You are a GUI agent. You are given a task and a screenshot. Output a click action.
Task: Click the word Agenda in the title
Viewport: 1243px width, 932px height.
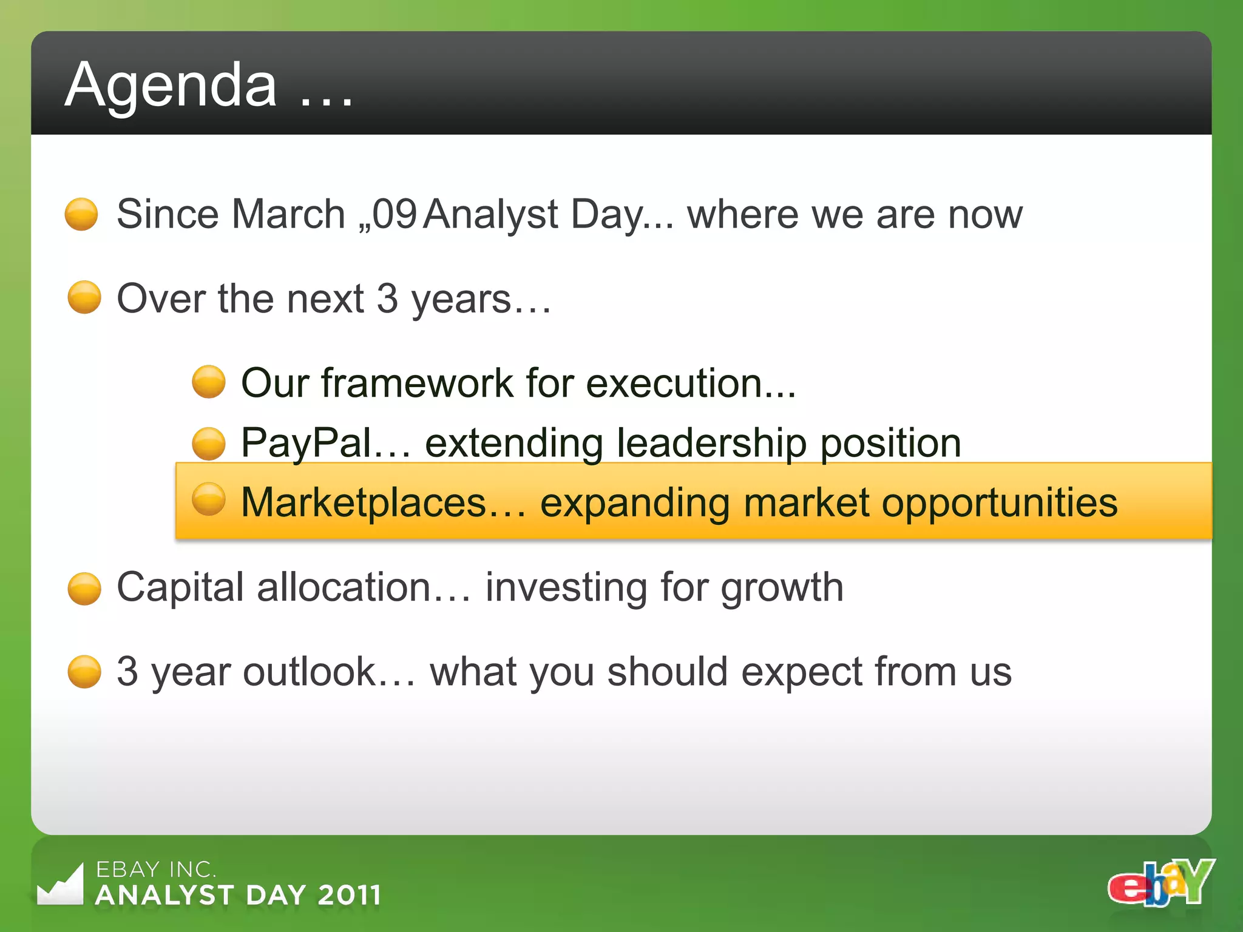[171, 86]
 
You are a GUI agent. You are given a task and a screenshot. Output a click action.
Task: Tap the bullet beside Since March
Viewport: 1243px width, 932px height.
[81, 214]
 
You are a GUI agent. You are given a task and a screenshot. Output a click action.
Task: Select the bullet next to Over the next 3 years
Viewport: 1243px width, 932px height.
[84, 297]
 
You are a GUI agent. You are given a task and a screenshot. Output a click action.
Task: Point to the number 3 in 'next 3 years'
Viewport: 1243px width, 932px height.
[387, 299]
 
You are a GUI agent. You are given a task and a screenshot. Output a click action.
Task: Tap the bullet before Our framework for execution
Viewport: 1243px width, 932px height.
[209, 382]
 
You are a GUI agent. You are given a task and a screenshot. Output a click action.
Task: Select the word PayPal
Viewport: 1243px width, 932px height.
[307, 442]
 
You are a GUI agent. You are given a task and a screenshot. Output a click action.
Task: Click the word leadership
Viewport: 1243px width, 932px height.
[711, 442]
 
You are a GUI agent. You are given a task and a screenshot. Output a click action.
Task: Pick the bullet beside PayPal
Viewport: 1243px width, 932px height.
[209, 444]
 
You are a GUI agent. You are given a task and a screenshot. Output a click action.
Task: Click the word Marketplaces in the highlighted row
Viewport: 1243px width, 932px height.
[364, 502]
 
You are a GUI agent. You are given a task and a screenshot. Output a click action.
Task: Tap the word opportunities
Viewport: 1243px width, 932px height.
[999, 504]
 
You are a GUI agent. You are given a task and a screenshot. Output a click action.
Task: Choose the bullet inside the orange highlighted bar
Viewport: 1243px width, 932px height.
[209, 499]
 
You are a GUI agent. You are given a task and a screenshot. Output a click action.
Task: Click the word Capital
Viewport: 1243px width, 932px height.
[180, 587]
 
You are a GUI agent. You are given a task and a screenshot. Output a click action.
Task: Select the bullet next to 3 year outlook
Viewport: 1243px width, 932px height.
[84, 672]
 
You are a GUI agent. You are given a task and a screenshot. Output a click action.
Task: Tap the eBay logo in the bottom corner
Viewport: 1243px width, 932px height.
[1160, 883]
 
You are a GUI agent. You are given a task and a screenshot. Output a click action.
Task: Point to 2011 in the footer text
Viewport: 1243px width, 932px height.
[349, 895]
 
